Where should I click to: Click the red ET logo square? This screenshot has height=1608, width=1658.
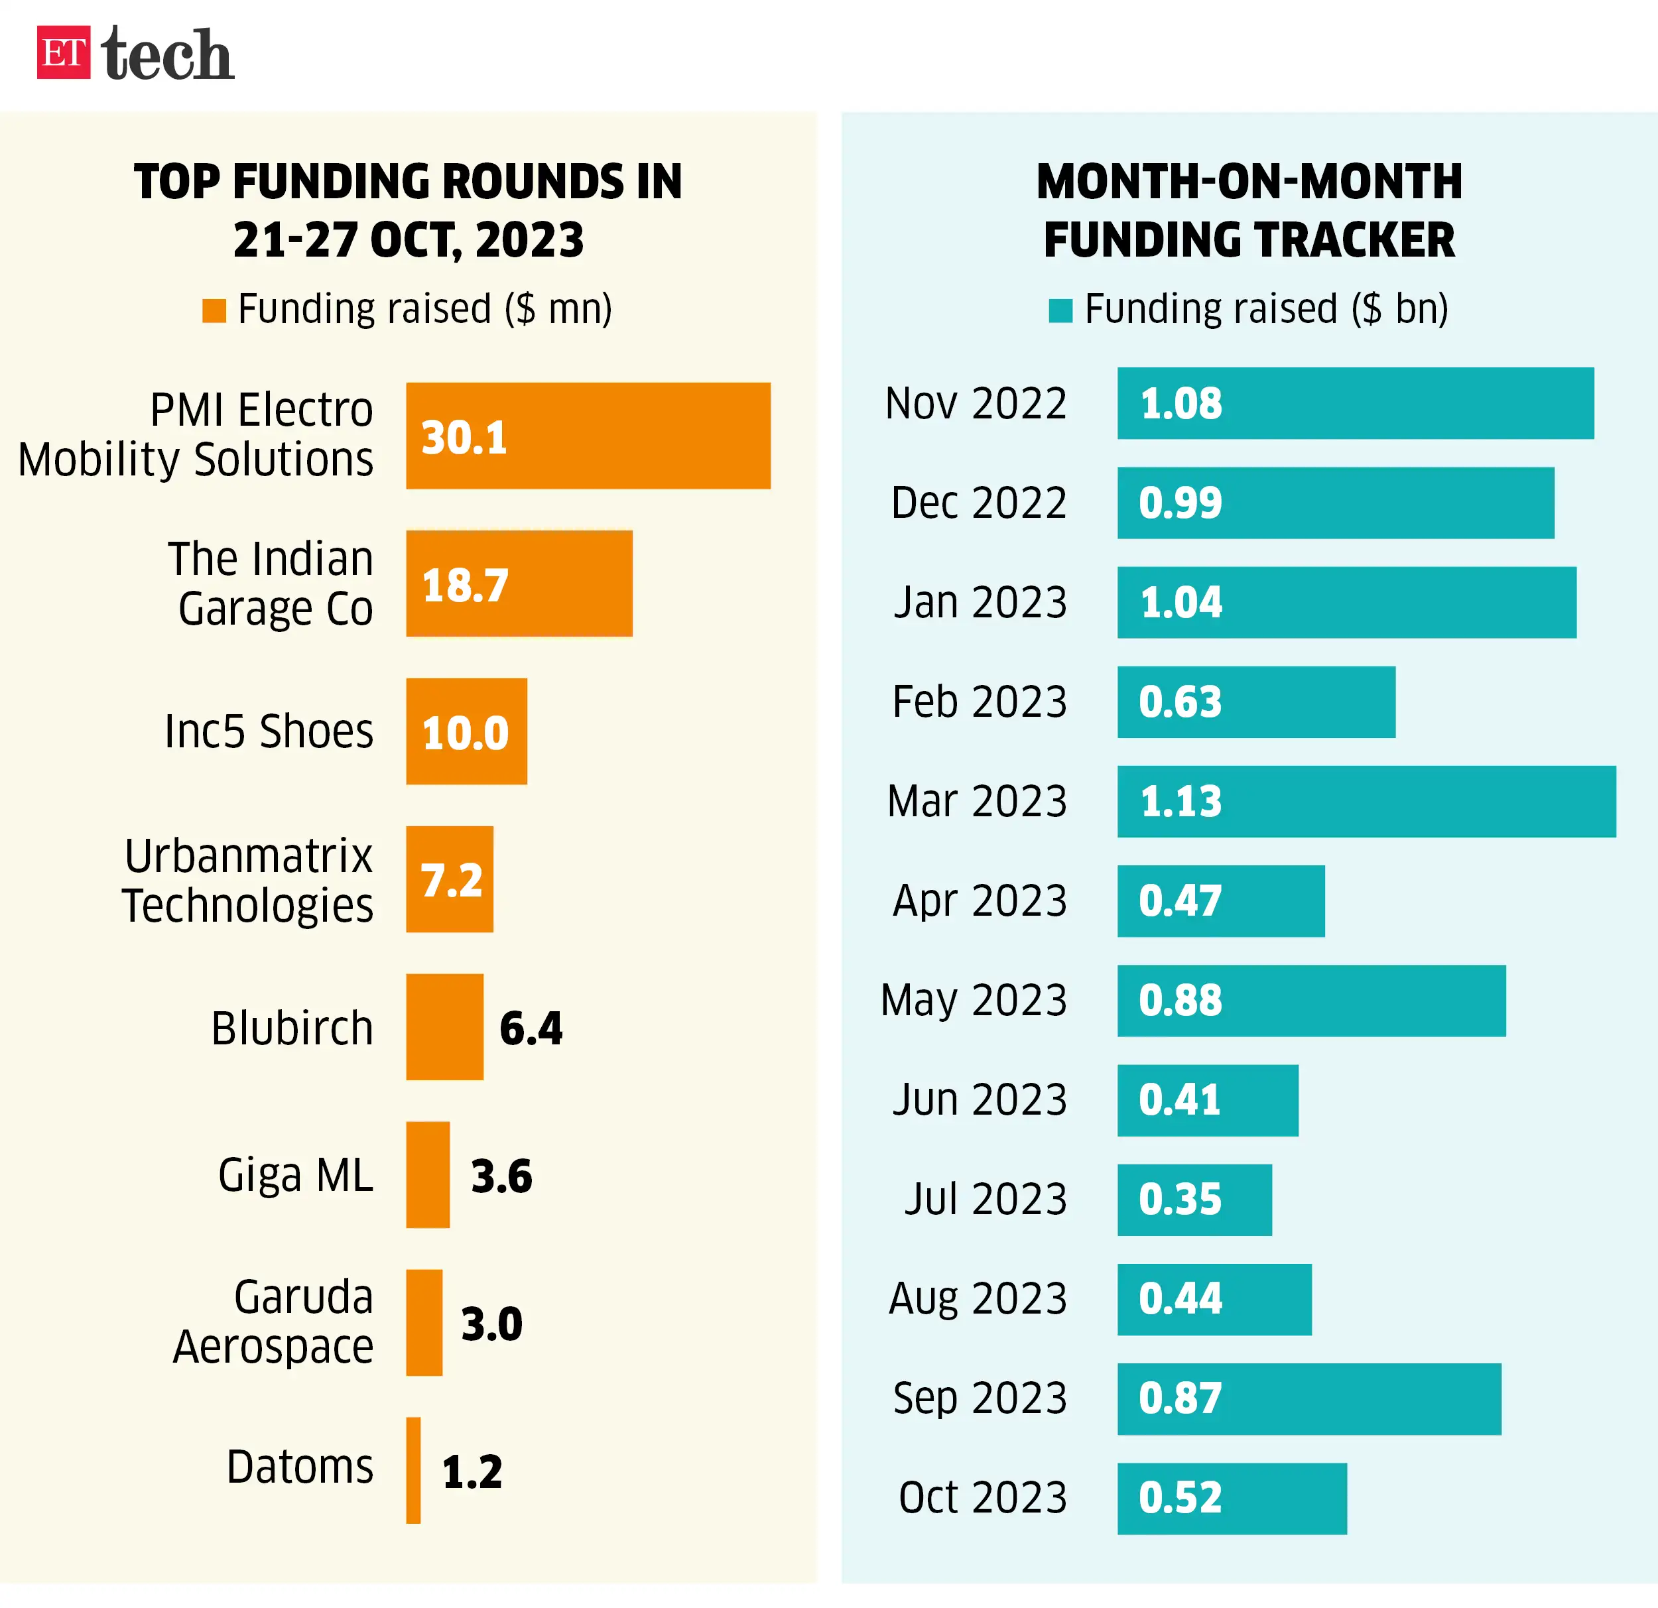pos(64,52)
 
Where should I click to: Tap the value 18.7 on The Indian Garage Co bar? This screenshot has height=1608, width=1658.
pos(466,586)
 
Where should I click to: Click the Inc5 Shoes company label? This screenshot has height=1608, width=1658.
pos(269,731)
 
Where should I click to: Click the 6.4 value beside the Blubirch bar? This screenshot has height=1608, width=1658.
pos(531,1028)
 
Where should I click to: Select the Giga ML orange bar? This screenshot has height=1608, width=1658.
pos(427,1175)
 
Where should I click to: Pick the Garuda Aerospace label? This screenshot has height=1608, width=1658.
pos(273,1322)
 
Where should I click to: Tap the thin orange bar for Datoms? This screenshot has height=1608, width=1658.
pos(413,1470)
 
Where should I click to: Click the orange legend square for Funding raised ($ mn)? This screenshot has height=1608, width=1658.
pos(214,310)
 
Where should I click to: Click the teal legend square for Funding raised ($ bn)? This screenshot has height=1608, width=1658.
pos(1060,310)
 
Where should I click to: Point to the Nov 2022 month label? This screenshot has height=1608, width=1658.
pos(976,403)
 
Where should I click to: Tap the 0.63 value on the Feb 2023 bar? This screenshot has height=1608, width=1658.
pos(1180,702)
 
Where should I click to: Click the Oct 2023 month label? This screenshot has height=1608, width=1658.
pos(982,1498)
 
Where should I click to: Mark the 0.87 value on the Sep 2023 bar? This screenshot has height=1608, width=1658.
pos(1180,1398)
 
